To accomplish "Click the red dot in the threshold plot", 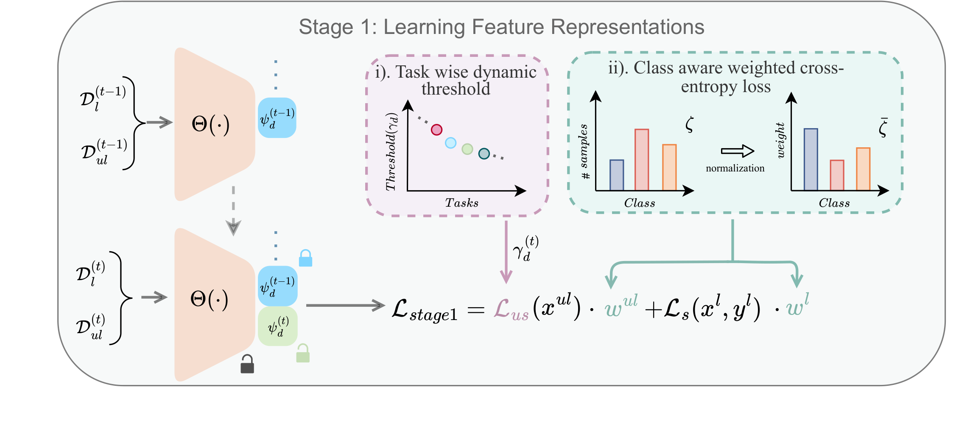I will click(436, 129).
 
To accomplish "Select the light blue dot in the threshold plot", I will click(450, 143).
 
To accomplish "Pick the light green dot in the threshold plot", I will click(467, 149).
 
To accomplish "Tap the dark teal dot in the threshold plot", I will click(484, 154).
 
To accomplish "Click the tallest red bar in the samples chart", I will click(642, 160).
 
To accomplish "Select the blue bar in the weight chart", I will click(811, 160).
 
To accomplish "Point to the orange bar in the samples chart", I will click(669, 167).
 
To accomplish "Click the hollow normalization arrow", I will click(737, 151).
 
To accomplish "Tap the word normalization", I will click(735, 168).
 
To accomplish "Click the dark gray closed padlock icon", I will click(247, 365).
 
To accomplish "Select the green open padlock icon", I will click(303, 354).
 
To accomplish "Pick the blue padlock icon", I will click(305, 258).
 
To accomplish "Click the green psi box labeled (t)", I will click(278, 326).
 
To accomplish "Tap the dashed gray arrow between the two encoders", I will click(233, 210).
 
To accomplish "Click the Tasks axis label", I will click(462, 203).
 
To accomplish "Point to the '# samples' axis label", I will click(585, 152).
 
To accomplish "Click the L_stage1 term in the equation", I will click(425, 311).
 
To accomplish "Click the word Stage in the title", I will click(326, 27).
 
